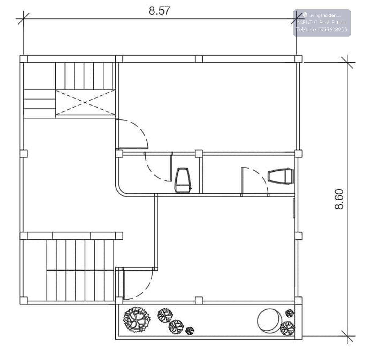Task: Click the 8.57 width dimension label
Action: tap(159, 11)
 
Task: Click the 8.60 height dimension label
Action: tap(339, 199)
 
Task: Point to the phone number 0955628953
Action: tap(332, 30)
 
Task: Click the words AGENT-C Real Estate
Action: tap(321, 23)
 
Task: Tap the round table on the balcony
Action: tap(270, 320)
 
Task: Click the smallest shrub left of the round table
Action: tap(189, 331)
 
